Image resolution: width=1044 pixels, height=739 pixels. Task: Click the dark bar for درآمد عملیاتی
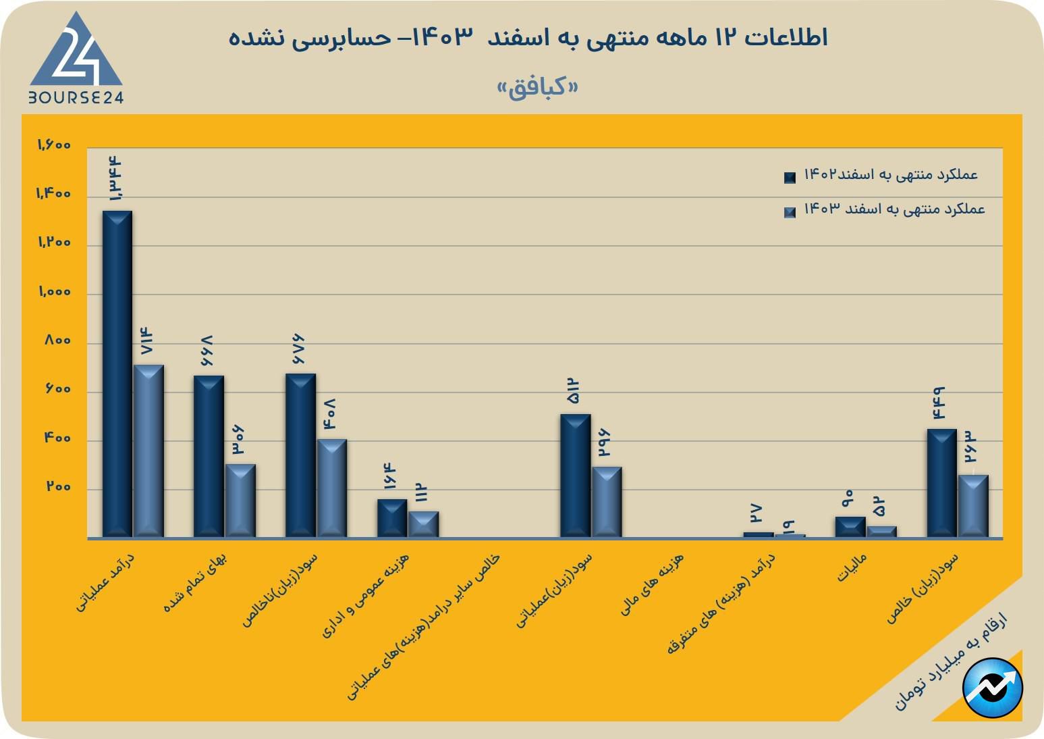[x=117, y=374]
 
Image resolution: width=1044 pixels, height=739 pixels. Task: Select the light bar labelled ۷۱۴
[x=148, y=451]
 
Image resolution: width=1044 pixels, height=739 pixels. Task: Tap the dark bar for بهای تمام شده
[x=209, y=457]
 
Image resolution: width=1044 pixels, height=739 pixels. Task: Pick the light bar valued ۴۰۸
[x=331, y=488]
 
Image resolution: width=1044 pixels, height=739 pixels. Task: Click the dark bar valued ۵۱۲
[x=575, y=476]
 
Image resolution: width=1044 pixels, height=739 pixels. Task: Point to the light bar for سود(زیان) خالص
[x=973, y=506]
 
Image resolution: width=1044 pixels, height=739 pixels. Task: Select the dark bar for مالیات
[x=850, y=527]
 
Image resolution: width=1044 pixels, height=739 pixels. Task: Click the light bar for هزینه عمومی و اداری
[x=423, y=524]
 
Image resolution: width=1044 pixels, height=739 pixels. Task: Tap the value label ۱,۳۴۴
[x=116, y=178]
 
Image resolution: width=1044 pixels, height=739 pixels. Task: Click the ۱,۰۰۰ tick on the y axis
[x=55, y=292]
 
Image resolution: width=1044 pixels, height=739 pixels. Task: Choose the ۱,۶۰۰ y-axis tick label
[x=54, y=145]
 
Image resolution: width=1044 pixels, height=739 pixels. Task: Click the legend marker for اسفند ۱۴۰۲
[x=790, y=177]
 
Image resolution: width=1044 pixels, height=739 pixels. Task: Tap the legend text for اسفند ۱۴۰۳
[x=894, y=209]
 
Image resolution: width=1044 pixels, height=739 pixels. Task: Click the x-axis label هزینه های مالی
[x=653, y=584]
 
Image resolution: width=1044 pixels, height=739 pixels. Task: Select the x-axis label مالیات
[x=851, y=568]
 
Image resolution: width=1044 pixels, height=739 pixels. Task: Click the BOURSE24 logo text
[x=76, y=97]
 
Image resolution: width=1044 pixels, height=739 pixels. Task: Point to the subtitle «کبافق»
[x=537, y=88]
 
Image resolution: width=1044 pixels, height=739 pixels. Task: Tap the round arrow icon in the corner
[x=993, y=688]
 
